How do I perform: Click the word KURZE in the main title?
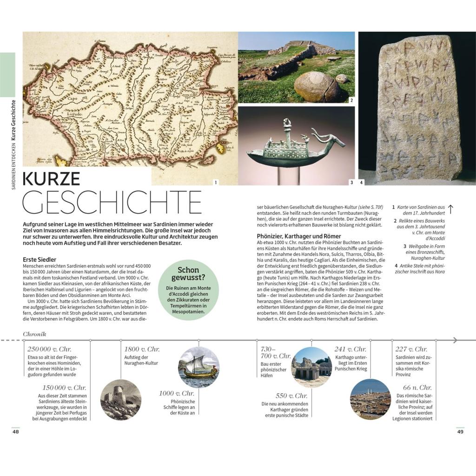pyautogui.click(x=52, y=179)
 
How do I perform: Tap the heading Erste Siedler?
pyautogui.click(x=40, y=259)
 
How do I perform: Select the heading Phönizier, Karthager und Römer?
pyautogui.click(x=299, y=236)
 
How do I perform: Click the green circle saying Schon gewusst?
pyautogui.click(x=188, y=289)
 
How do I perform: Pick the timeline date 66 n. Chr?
pyautogui.click(x=417, y=387)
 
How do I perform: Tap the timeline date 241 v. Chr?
pyautogui.click(x=350, y=349)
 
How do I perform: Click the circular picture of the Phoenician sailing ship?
pyautogui.click(x=198, y=367)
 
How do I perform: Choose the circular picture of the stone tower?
pyautogui.click(x=121, y=400)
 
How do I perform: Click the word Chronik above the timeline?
pyautogui.click(x=34, y=334)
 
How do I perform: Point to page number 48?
pyautogui.click(x=16, y=431)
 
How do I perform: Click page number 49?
pyautogui.click(x=460, y=431)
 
